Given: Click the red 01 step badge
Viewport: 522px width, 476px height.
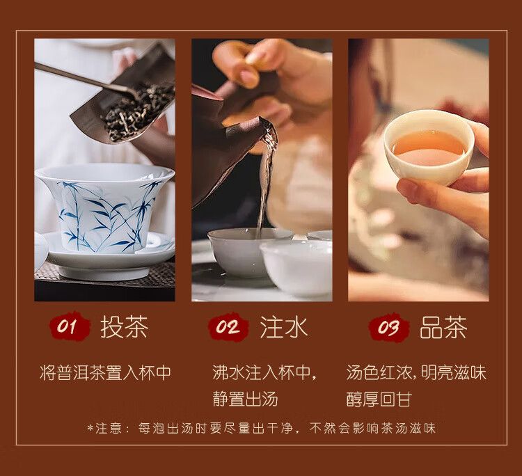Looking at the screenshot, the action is pyautogui.click(x=70, y=326).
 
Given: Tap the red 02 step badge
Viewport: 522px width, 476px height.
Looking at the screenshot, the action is pyautogui.click(x=228, y=326).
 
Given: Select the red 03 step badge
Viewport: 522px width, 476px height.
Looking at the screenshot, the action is pyautogui.click(x=388, y=326).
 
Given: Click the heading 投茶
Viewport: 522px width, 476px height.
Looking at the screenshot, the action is pyautogui.click(x=124, y=326).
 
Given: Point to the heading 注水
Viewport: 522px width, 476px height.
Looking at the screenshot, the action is pyautogui.click(x=284, y=326).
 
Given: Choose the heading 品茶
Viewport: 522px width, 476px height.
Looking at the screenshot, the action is pyautogui.click(x=443, y=326).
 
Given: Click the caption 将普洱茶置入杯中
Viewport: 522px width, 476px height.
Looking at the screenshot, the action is pyautogui.click(x=105, y=372).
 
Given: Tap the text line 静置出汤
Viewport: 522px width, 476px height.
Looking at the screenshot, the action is pyautogui.click(x=245, y=399).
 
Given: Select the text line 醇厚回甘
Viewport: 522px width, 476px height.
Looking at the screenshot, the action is pyautogui.click(x=379, y=399).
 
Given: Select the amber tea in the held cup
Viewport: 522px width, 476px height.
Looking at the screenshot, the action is pyautogui.click(x=429, y=146).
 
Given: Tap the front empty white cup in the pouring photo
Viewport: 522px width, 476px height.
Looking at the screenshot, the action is pyautogui.click(x=296, y=267).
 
